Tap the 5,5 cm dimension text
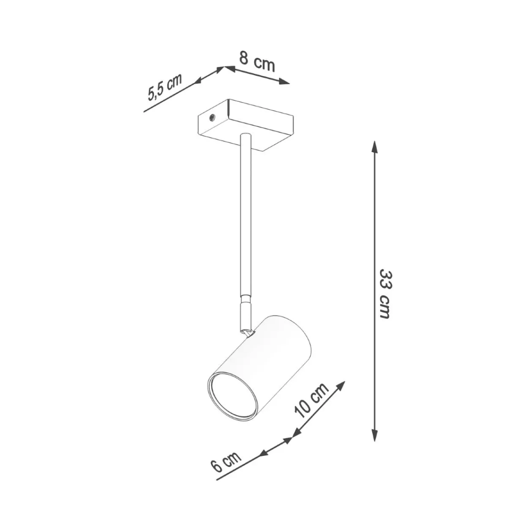pyautogui.click(x=165, y=87)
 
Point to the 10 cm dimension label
pyautogui.click(x=312, y=400)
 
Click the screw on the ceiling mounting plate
pyautogui.click(x=212, y=119)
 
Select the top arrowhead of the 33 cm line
pyautogui.click(x=374, y=147)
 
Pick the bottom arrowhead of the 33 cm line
pyautogui.click(x=374, y=434)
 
